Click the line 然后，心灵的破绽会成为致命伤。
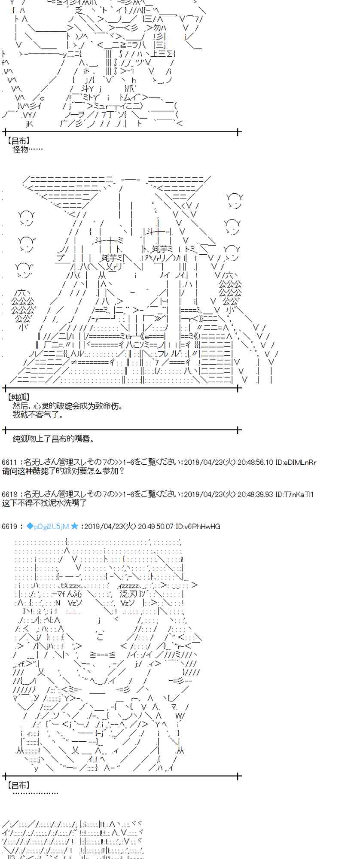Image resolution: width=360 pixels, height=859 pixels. (67, 406)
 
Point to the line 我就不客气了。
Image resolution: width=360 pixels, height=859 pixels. (38, 415)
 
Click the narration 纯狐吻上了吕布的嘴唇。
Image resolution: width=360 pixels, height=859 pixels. (53, 439)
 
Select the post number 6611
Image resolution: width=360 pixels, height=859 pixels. (9, 463)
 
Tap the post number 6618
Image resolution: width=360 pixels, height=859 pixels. (9, 494)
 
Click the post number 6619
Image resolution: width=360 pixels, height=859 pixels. (9, 527)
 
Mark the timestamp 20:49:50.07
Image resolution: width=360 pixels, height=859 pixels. (156, 527)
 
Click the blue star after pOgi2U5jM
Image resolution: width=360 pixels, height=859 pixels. (74, 526)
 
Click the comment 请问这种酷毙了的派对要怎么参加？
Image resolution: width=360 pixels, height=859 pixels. (63, 471)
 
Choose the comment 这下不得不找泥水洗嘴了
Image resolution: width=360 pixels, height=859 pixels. (44, 503)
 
